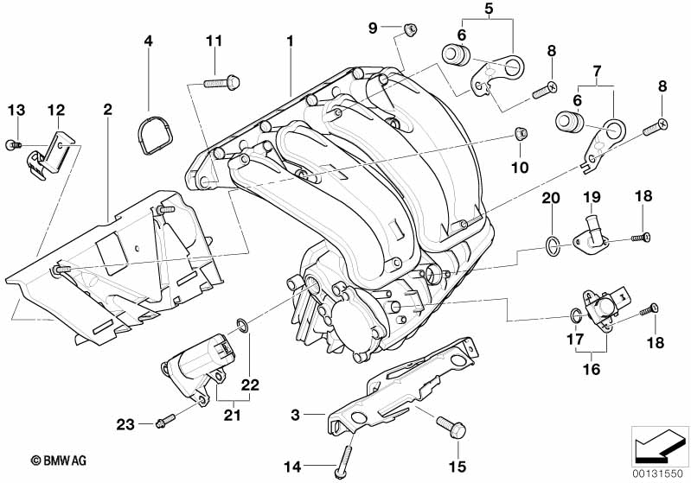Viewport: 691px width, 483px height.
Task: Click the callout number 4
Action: tap(148, 41)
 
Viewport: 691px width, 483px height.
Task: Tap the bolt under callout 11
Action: tap(221, 84)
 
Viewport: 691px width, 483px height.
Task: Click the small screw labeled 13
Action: tap(13, 145)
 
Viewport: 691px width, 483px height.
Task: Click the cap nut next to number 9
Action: tap(411, 31)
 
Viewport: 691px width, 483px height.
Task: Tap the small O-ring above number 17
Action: tap(574, 313)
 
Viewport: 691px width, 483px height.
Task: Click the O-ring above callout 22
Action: tap(244, 326)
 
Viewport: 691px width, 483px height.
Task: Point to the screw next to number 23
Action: tap(165, 421)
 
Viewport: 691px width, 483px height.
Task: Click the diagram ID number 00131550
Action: tap(661, 473)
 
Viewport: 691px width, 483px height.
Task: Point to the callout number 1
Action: tap(291, 41)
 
